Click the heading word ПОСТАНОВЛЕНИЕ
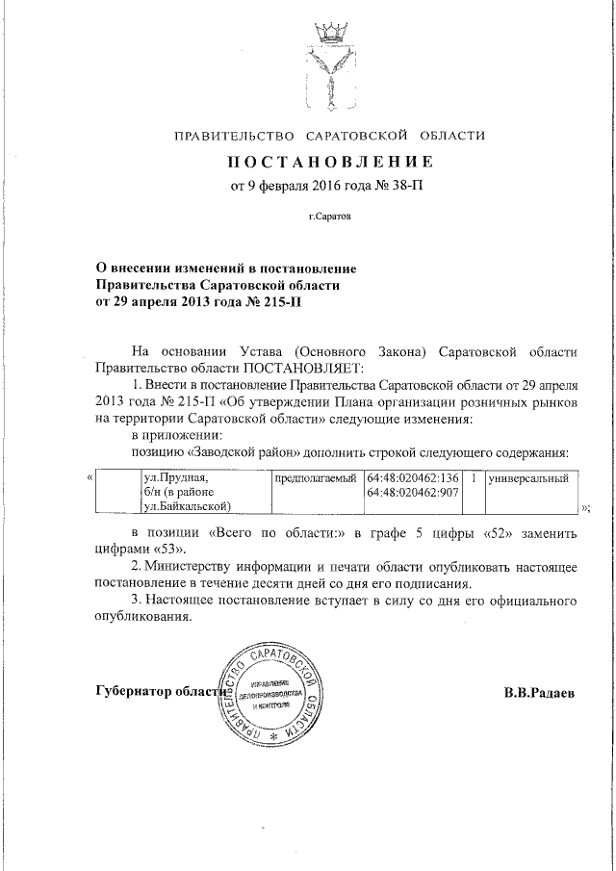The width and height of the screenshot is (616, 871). point(329,160)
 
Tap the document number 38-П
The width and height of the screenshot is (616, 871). point(405,186)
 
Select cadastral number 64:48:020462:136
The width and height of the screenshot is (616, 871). point(412,478)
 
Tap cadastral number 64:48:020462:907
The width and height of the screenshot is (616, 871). point(412,493)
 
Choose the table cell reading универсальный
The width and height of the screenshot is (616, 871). point(528,478)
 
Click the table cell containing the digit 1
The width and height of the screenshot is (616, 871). point(474,478)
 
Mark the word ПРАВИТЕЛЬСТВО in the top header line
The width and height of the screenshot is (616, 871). point(234,135)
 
